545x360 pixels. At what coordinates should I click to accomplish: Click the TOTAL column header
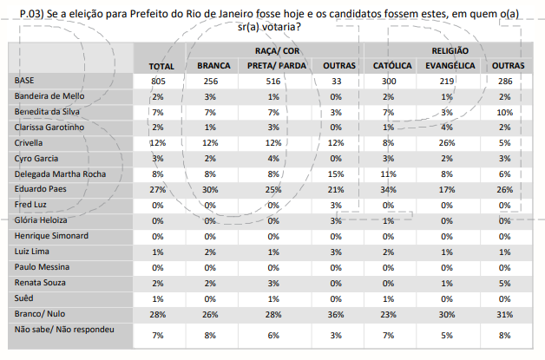tap(161, 66)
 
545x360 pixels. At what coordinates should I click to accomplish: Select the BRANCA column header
tap(213, 66)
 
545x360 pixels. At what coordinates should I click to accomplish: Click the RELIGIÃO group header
tap(450, 52)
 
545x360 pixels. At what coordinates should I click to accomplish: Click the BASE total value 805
tap(158, 81)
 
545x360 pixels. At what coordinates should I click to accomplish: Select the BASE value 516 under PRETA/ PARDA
tap(274, 81)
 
